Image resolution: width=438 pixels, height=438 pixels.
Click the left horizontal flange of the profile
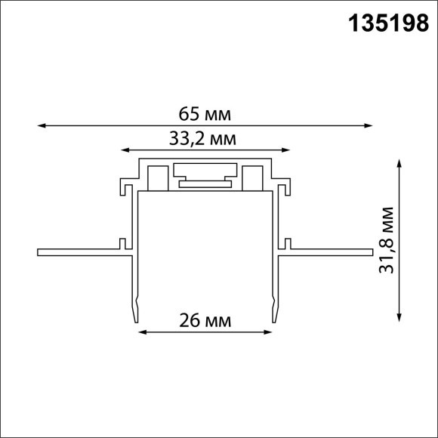point(79,251)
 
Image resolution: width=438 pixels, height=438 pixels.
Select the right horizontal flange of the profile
point(328,251)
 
